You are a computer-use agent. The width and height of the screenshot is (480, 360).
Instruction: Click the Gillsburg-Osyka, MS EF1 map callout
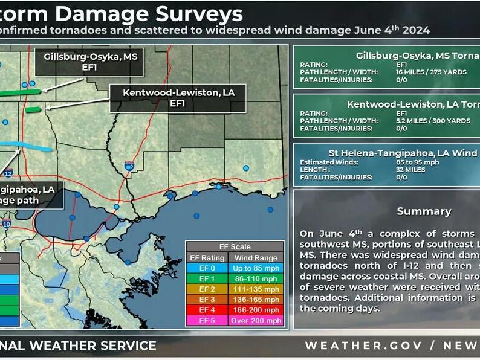coord(89,62)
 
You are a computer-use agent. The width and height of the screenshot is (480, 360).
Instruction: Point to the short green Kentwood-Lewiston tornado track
coord(33,109)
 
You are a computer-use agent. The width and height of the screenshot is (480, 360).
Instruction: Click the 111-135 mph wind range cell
coord(256,289)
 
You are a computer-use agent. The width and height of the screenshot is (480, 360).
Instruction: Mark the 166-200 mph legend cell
coord(256,310)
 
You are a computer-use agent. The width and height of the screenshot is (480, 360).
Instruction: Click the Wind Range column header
coord(256,257)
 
